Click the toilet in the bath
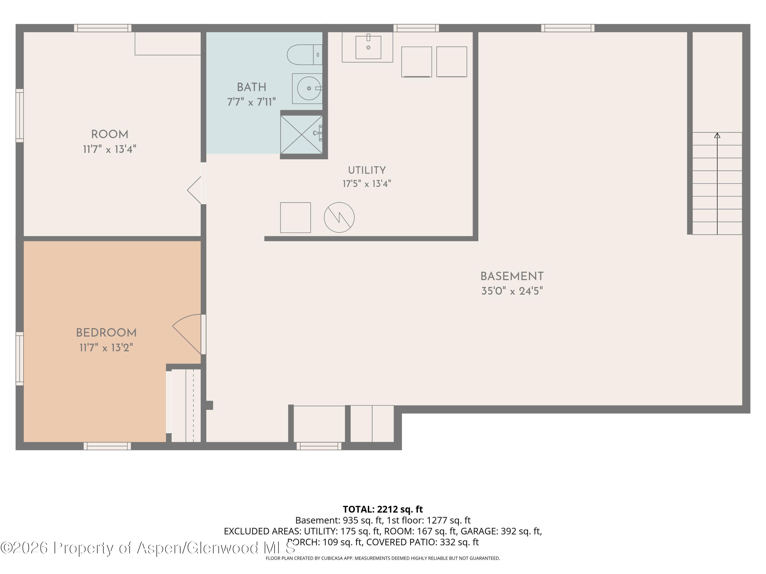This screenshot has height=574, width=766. click(x=305, y=55)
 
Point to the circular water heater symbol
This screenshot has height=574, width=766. click(x=339, y=217)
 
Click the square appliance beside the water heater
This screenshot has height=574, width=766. click(x=295, y=218)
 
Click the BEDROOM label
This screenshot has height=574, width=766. click(x=106, y=333)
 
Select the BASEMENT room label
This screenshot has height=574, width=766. click(x=512, y=277)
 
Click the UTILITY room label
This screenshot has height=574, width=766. click(x=367, y=170)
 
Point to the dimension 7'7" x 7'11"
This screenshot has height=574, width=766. click(x=252, y=102)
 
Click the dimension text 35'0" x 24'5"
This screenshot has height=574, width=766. click(x=512, y=291)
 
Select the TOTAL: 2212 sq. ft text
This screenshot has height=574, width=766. click(x=383, y=509)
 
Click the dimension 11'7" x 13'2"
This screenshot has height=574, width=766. click(x=106, y=347)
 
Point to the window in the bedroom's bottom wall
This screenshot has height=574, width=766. click(x=107, y=446)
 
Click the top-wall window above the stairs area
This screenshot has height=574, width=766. click(x=568, y=28)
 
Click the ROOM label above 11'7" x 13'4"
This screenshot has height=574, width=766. click(x=110, y=134)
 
